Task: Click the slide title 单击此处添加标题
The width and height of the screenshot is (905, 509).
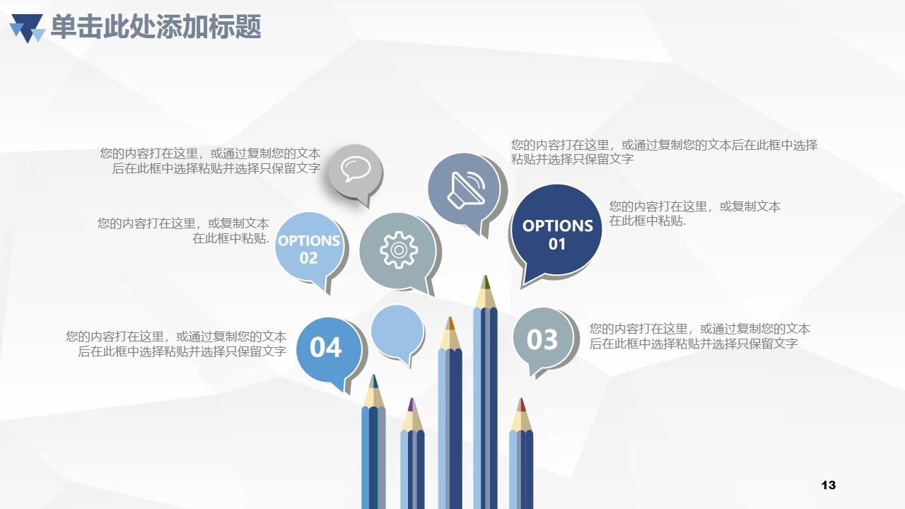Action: pyautogui.click(x=156, y=27)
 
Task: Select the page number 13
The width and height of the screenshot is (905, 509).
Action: pyautogui.click(x=829, y=485)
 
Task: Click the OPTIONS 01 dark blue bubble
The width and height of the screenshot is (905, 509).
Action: pyautogui.click(x=557, y=233)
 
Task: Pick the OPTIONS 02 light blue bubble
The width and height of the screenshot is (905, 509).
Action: pyautogui.click(x=308, y=248)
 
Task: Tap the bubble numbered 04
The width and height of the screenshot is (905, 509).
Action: pyautogui.click(x=326, y=348)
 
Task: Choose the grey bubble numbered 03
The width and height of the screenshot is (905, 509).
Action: pyautogui.click(x=542, y=340)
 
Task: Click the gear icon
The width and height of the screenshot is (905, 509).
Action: pyautogui.click(x=399, y=250)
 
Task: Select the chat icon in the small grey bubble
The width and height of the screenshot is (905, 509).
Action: pyautogui.click(x=355, y=168)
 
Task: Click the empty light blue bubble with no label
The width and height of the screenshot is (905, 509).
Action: pyautogui.click(x=397, y=331)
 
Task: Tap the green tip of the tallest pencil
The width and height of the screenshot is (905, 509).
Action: pyautogui.click(x=485, y=282)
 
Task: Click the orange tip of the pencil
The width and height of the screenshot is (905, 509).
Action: pyautogui.click(x=450, y=324)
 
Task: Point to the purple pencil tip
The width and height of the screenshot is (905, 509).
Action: pyautogui.click(x=411, y=405)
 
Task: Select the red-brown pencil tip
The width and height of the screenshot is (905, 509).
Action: pyautogui.click(x=521, y=404)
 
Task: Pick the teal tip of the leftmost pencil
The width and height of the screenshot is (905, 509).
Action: pyautogui.click(x=373, y=381)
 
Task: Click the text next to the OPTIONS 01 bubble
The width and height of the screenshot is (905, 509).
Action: pyautogui.click(x=694, y=213)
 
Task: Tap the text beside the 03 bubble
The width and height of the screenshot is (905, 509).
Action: pyautogui.click(x=699, y=336)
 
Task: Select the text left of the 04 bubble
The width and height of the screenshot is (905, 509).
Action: pyautogui.click(x=176, y=344)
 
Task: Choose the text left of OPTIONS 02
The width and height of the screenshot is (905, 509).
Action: pyautogui.click(x=183, y=230)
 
